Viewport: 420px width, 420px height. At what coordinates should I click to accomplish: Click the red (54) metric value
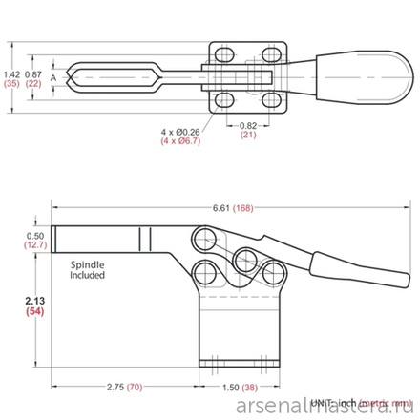[x=38, y=312]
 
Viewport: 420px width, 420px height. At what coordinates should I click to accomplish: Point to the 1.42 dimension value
[x=12, y=73]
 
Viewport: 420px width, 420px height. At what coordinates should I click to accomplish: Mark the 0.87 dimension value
[x=33, y=73]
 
